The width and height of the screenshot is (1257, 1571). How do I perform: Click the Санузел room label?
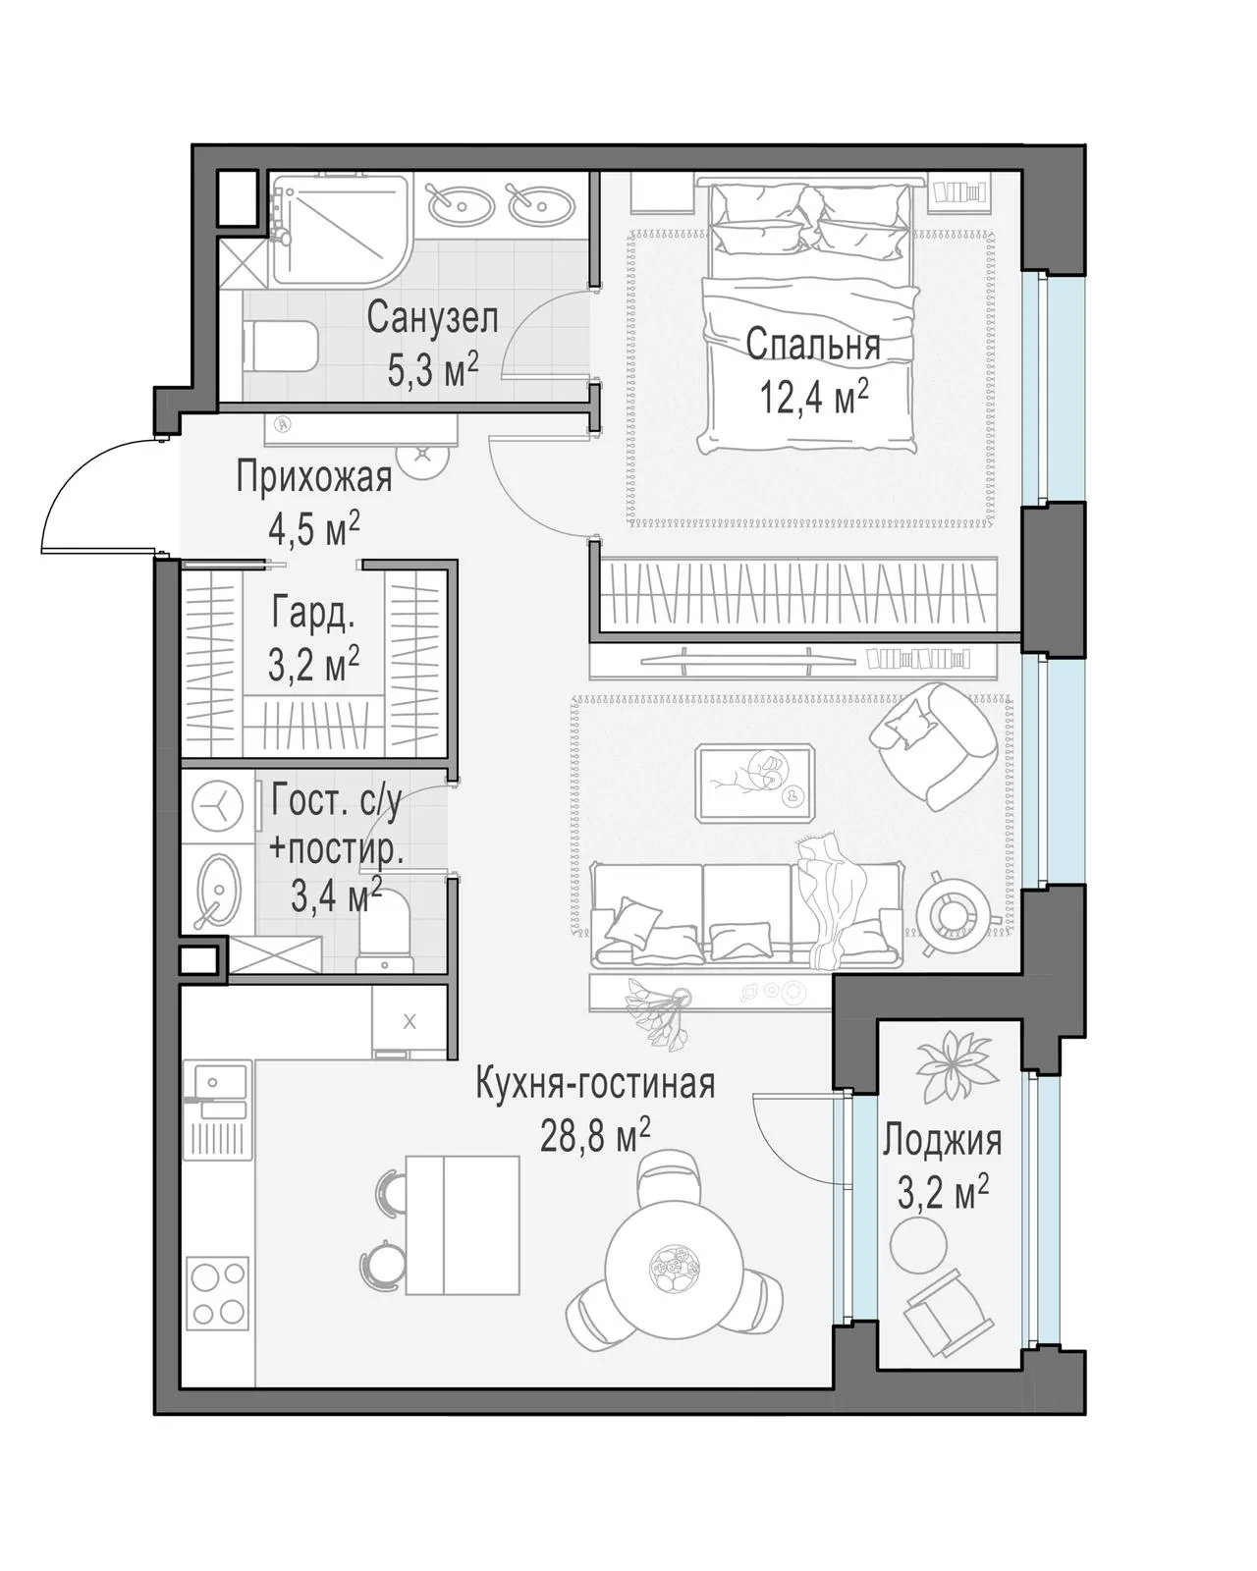coord(432,318)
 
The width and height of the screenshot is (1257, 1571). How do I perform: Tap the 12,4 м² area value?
coord(814,396)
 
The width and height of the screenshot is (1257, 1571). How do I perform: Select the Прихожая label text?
coord(314,477)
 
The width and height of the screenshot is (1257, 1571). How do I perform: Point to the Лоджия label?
coord(942,1140)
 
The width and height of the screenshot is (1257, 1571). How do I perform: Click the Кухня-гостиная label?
coord(595,1083)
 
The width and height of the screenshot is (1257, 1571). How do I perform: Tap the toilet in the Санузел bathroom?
coord(282,347)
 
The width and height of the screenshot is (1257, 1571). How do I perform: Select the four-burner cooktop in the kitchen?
coord(218,1293)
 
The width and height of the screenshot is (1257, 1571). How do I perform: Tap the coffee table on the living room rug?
coord(755,783)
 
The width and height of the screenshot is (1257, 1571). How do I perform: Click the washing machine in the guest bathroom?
coord(218,807)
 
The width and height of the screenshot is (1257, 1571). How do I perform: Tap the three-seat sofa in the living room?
coord(746,914)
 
